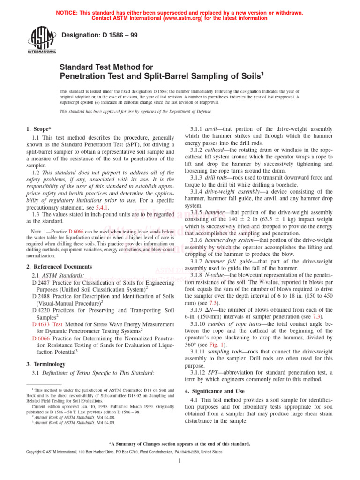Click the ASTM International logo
click(43, 41)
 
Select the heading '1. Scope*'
click(38, 128)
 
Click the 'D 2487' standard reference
click(41, 283)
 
